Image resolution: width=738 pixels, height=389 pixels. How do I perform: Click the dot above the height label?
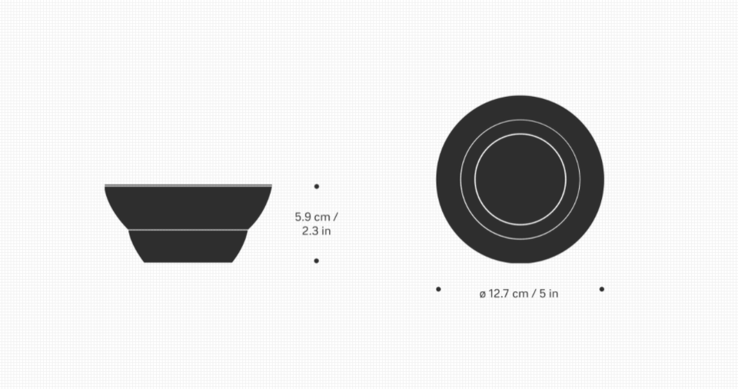(316, 187)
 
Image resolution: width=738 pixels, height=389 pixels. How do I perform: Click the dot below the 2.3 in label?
(316, 261)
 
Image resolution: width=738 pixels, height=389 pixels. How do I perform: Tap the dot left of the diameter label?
(438, 289)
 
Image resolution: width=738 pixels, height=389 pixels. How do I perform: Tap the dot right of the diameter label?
(601, 289)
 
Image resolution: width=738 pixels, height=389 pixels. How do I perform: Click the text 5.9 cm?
(313, 217)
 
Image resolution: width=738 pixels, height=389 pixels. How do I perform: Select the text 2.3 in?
(316, 231)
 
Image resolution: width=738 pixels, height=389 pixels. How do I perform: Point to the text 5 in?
(549, 294)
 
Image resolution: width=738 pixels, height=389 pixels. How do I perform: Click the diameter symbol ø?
(483, 294)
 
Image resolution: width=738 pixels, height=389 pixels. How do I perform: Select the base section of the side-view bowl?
(188, 247)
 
